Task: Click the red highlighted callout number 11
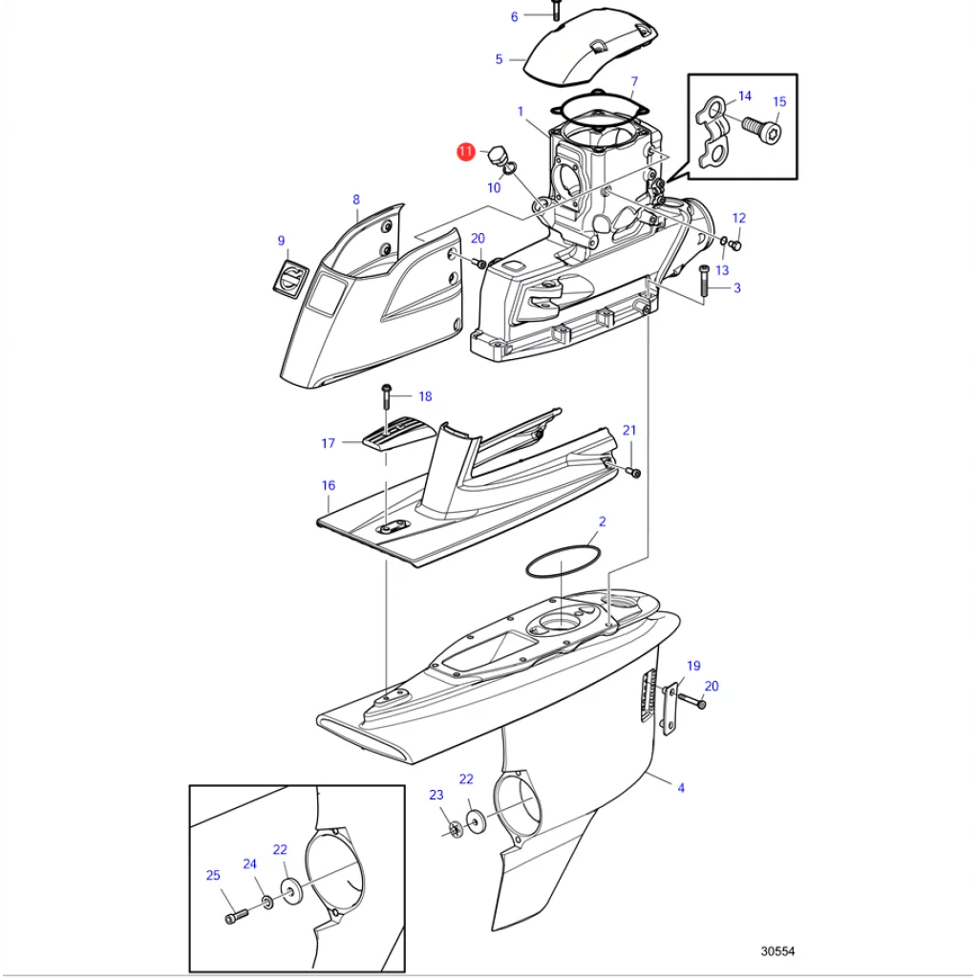click(465, 152)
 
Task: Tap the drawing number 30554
click(777, 951)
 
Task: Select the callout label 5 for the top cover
click(499, 59)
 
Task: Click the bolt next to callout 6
click(554, 11)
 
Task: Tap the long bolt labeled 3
click(704, 283)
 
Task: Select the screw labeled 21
click(635, 473)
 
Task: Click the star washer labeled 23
click(455, 828)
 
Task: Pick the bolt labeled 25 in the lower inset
click(236, 916)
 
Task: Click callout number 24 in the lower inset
click(249, 863)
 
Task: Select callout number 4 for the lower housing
click(681, 788)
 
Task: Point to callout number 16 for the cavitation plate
click(328, 485)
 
